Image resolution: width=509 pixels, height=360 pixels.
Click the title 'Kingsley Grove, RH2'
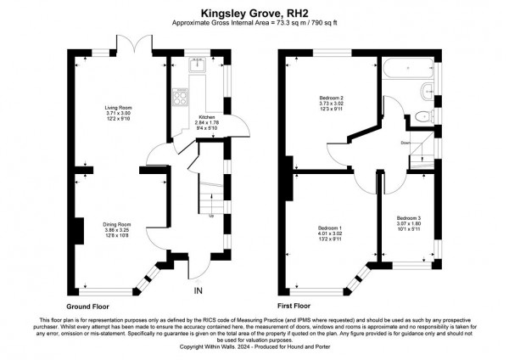(255, 13)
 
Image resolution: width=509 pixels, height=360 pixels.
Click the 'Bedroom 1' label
(330, 229)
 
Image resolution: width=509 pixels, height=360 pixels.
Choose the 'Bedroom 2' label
(319, 99)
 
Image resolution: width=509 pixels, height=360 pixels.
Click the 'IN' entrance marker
(199, 291)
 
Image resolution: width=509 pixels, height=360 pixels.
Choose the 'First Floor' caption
(296, 304)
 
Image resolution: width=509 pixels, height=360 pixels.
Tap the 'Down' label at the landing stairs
(406, 143)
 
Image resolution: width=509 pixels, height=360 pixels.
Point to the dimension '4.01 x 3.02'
(330, 235)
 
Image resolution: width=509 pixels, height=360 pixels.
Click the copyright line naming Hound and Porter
(255, 347)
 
